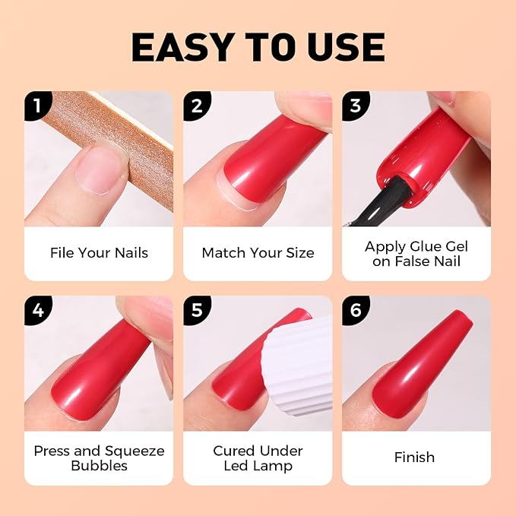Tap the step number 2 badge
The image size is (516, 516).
coord(195,103)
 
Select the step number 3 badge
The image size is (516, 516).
coord(353,103)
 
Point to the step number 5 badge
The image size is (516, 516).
coord(195,309)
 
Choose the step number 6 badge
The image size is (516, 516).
coord(353,309)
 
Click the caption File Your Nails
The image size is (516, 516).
coord(99,253)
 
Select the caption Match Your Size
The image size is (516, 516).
coord(258,253)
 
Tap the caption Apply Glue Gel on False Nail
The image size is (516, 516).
coord(416,254)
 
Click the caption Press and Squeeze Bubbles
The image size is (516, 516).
coord(99,458)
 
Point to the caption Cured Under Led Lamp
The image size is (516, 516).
coord(258,458)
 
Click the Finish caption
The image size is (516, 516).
coord(415,457)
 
